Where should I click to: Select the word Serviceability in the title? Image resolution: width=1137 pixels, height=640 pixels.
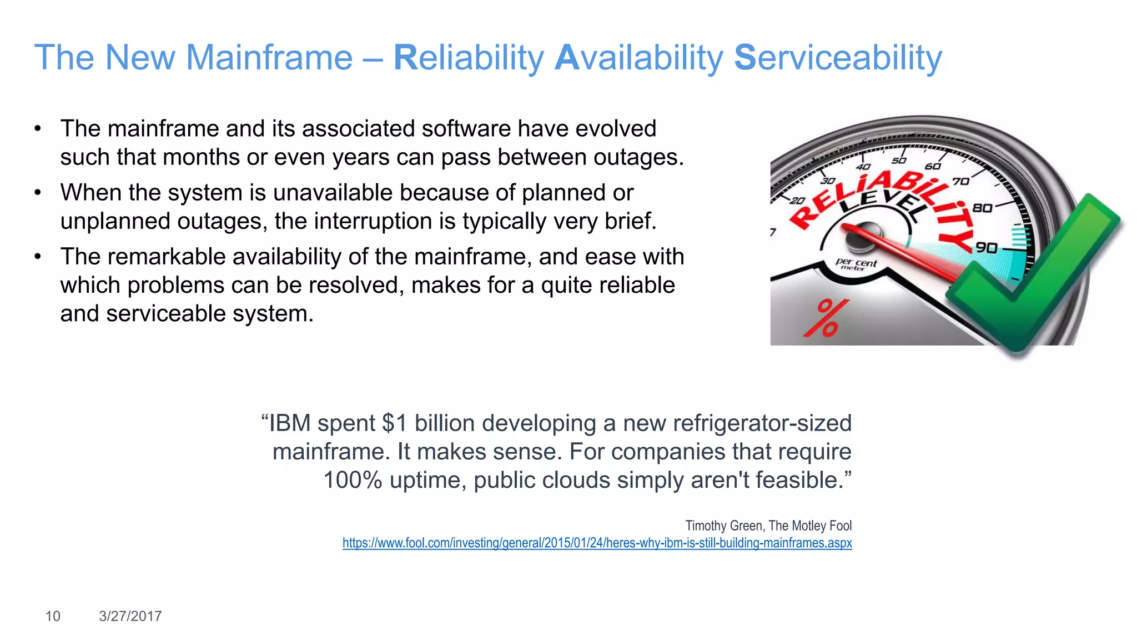tap(838, 58)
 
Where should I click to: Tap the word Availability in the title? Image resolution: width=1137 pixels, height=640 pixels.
tap(639, 58)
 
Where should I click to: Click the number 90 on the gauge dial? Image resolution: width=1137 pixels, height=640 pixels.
tap(987, 247)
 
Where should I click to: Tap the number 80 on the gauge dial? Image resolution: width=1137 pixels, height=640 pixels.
tap(982, 208)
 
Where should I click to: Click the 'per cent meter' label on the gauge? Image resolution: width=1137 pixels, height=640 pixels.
tap(856, 264)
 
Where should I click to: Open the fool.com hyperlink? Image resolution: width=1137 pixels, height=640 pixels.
tap(597, 543)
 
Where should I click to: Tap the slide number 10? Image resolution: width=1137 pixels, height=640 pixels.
tap(53, 616)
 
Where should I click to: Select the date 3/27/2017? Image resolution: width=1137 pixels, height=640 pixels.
tap(130, 616)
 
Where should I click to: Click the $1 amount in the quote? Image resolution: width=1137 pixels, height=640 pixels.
tap(395, 423)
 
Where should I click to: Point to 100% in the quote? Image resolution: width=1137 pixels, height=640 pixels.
tap(353, 480)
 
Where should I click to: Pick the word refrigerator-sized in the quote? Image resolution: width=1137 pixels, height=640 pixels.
tap(762, 423)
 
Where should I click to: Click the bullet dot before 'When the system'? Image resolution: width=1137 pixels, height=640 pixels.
tap(38, 193)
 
